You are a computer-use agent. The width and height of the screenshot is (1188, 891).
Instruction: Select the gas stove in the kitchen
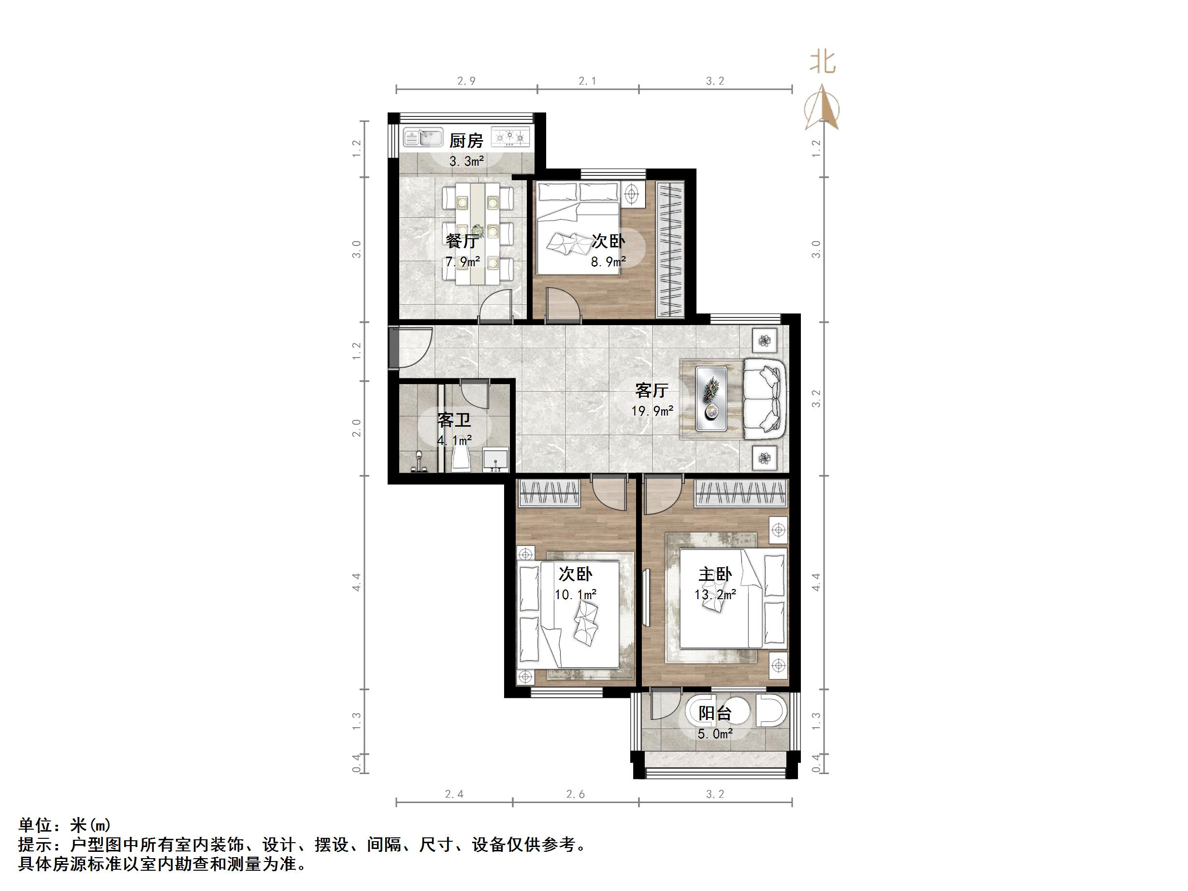511,138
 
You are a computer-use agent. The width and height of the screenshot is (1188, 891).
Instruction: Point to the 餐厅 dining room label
462,241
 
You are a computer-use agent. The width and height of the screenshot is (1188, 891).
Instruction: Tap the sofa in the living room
765,399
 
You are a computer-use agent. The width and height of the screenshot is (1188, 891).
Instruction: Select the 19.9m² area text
652,411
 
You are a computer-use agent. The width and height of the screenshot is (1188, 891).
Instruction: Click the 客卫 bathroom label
454,419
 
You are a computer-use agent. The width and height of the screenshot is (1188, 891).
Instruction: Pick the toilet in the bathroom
462,460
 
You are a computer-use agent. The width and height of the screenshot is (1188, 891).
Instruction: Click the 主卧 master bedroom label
715,574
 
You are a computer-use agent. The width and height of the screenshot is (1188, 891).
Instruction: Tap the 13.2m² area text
715,594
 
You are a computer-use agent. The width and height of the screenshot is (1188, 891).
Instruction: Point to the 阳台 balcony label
715,713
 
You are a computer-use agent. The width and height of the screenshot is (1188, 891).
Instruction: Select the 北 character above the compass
822,63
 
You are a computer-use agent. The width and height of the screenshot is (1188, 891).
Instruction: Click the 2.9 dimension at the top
466,81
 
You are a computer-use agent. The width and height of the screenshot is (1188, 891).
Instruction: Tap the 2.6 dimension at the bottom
575,794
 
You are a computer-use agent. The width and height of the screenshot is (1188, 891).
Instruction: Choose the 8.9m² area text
608,261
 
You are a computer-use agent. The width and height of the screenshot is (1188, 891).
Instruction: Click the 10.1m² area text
575,594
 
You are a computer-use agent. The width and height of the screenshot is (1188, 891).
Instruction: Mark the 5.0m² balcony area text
715,733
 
